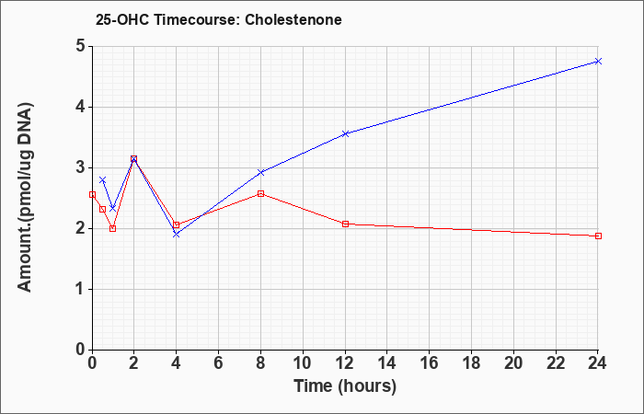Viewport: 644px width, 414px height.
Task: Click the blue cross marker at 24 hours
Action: click(x=598, y=62)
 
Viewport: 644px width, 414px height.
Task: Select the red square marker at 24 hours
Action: click(x=598, y=236)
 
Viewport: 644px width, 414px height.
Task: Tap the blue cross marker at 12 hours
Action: click(x=345, y=133)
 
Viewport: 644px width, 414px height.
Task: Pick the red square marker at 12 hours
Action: click(x=345, y=224)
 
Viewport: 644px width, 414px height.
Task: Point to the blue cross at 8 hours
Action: click(x=260, y=173)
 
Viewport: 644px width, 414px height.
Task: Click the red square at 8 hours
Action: click(x=260, y=193)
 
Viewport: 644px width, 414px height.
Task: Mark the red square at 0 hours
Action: click(x=92, y=195)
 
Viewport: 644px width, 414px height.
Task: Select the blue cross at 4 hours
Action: click(x=177, y=234)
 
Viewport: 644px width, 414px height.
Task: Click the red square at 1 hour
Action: click(x=113, y=228)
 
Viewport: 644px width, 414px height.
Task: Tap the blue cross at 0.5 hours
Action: click(x=103, y=180)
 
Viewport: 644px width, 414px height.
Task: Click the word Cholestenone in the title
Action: click(x=293, y=19)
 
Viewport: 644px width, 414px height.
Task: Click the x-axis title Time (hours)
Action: click(x=345, y=386)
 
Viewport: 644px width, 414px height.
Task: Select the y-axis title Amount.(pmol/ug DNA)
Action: click(x=25, y=197)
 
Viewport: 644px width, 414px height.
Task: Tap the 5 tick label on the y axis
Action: click(x=80, y=46)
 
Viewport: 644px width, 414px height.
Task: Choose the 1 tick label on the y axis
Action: click(x=81, y=289)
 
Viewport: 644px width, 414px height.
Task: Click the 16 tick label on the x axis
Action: click(x=430, y=363)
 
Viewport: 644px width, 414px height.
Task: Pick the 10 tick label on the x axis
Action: click(x=303, y=363)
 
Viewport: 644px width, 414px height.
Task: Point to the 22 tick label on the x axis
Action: click(x=556, y=363)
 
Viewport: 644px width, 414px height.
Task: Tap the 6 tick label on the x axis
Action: click(x=219, y=363)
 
